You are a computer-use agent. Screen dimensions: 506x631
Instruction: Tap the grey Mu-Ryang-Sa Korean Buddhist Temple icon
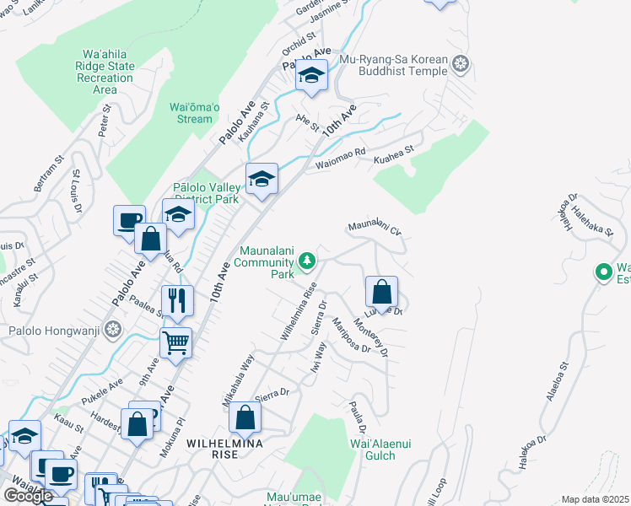click(x=461, y=63)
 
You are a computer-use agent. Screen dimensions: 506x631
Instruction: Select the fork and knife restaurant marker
click(x=177, y=300)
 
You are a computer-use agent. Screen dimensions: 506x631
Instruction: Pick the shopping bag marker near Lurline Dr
click(x=381, y=292)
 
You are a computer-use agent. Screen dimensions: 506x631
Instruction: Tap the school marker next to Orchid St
click(x=311, y=77)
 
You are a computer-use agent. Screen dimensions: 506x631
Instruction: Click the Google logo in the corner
click(x=28, y=495)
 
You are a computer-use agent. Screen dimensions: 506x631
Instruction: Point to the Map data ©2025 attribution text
click(x=595, y=499)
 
